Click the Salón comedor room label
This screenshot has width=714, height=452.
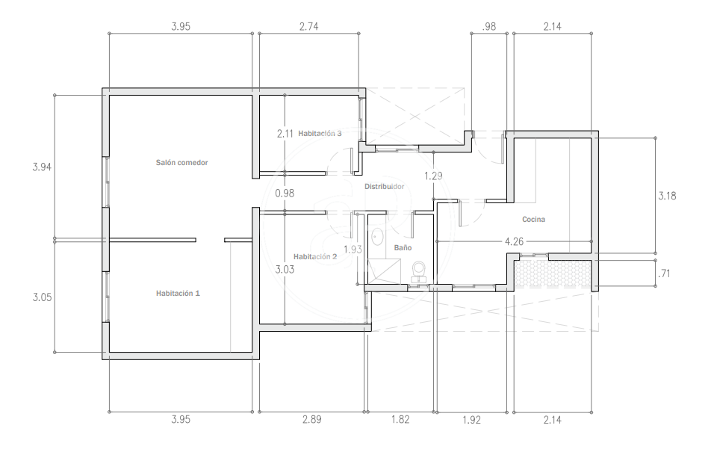tap(181, 162)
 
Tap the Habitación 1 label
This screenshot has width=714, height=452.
tap(178, 293)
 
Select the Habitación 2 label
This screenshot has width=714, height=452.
tap(315, 256)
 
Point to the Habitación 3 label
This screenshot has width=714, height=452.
tap(320, 133)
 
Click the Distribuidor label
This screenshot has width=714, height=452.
tap(385, 186)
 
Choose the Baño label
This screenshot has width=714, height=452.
tap(403, 247)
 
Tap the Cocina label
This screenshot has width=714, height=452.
tap(533, 219)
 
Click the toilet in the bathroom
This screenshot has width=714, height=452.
tap(418, 271)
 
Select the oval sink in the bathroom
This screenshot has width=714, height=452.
tap(377, 237)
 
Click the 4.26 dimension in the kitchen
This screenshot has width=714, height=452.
tap(514, 241)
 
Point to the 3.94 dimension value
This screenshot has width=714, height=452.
tap(42, 167)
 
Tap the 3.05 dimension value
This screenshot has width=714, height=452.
tap(42, 297)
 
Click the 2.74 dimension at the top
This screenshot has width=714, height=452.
tap(308, 26)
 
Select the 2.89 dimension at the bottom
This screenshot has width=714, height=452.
tap(312, 418)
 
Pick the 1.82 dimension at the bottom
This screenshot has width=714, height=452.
tap(400, 418)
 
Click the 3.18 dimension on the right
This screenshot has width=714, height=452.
tap(667, 196)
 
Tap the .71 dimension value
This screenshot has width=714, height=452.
tap(665, 273)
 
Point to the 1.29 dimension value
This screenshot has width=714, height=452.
tap(433, 176)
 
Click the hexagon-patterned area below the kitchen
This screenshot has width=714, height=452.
tap(553, 273)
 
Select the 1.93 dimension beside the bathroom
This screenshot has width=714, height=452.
tap(353, 250)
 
